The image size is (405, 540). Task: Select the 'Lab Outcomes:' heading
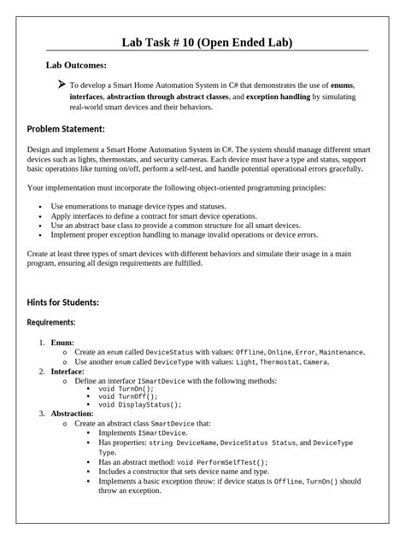76,65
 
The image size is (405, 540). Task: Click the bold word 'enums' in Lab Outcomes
343,86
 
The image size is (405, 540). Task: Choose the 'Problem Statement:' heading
66,129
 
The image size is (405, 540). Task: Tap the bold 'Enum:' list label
62,342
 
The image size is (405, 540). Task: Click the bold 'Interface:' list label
67,372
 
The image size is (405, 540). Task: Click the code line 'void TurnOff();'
128,396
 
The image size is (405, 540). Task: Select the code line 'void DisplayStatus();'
140,405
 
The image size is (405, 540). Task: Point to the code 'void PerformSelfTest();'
214,462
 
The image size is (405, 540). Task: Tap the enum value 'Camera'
315,362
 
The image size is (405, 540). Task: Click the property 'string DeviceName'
182,443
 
